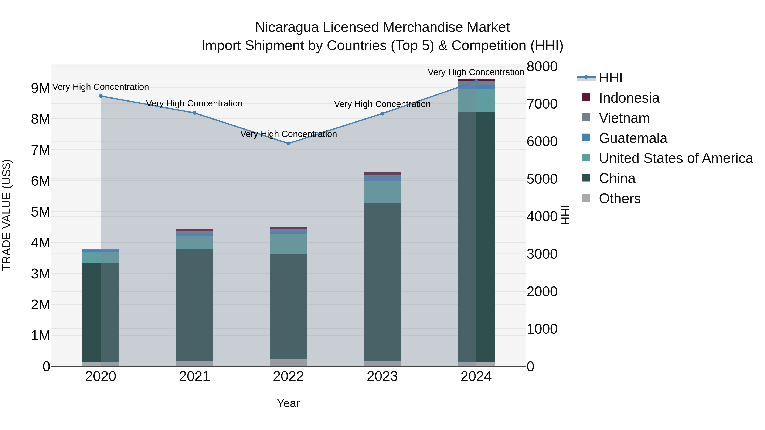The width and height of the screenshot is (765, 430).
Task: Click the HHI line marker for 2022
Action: click(288, 143)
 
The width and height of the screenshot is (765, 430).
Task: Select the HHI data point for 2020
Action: click(101, 96)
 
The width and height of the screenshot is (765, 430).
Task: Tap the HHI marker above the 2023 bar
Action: click(382, 114)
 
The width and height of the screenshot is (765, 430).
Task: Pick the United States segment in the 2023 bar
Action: click(382, 192)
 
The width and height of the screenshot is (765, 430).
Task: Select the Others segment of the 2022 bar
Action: click(288, 363)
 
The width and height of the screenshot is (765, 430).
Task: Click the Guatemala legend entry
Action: click(633, 138)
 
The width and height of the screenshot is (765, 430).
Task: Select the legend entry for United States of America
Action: click(675, 158)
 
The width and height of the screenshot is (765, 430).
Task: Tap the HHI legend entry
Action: click(610, 78)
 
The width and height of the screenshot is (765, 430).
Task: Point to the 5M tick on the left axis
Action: click(41, 212)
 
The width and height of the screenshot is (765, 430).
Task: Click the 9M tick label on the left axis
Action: click(41, 88)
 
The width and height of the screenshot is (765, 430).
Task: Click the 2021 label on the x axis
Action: click(194, 376)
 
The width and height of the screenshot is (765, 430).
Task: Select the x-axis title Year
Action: click(288, 403)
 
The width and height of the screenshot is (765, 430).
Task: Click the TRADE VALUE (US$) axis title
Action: click(7, 215)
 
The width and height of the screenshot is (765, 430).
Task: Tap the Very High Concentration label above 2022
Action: click(288, 134)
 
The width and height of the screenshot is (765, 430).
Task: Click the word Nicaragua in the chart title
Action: click(287, 27)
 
